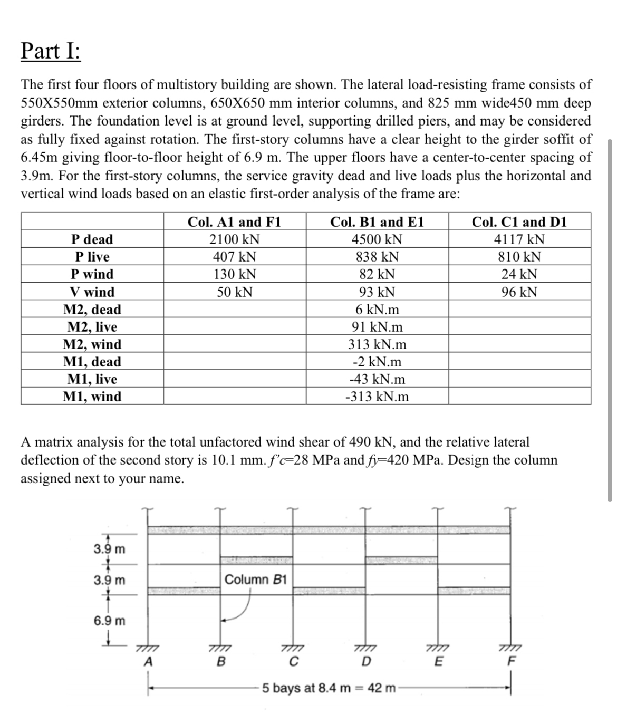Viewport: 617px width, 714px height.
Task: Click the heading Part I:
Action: (x=51, y=51)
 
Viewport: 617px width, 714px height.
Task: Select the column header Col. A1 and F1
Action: (x=234, y=222)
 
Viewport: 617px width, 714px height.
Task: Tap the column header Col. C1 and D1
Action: (x=519, y=222)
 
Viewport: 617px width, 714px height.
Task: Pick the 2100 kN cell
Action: (x=234, y=239)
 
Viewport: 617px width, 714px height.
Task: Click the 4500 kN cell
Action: (x=377, y=239)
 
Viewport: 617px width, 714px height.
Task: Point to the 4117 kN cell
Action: (x=519, y=239)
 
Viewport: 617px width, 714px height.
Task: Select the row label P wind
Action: (x=92, y=274)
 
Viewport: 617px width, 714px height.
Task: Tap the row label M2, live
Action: (x=92, y=327)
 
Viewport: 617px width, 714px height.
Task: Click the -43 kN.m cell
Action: (x=377, y=379)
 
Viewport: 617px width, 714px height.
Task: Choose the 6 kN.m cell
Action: (x=377, y=310)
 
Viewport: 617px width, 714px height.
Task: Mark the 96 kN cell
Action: (x=519, y=292)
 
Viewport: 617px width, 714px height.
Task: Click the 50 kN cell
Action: (x=234, y=292)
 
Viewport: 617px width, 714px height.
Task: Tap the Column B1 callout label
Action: (x=255, y=580)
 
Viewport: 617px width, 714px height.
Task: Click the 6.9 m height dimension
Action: (x=110, y=620)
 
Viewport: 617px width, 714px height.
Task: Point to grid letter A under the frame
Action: (x=149, y=661)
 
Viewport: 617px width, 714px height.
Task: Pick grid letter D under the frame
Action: (x=367, y=661)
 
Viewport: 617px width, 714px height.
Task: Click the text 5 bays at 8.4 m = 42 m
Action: (x=329, y=688)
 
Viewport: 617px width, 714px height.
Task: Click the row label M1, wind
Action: (x=92, y=397)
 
